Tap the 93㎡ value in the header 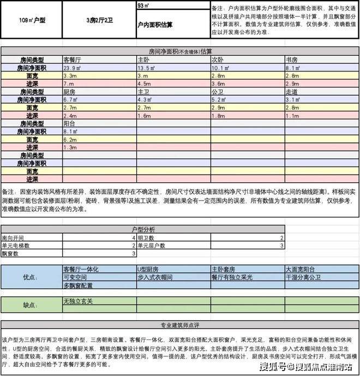click(145, 6)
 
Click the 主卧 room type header click(144, 59)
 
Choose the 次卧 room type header click(218, 59)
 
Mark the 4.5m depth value click(145, 84)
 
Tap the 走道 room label click(292, 92)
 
